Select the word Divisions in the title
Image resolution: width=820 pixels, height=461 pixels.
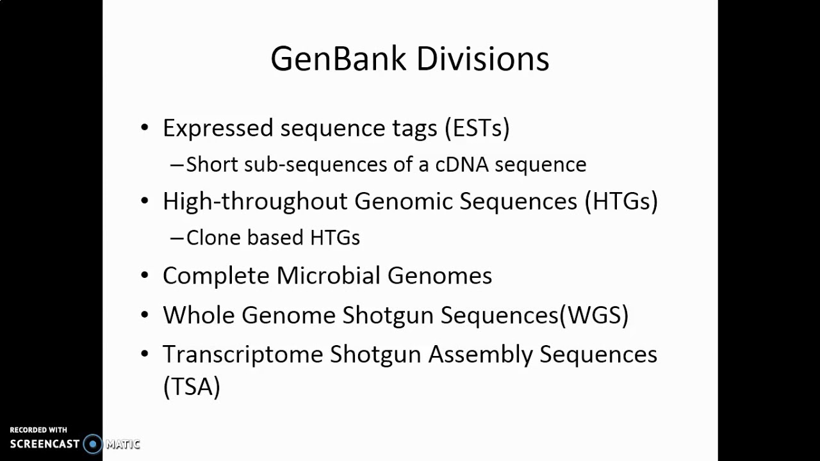click(482, 59)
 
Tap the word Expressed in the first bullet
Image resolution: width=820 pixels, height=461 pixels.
click(218, 128)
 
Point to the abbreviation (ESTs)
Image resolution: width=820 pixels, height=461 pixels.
click(477, 128)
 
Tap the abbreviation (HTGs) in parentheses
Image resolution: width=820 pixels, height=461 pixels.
click(621, 202)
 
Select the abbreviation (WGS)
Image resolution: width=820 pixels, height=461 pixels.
click(594, 315)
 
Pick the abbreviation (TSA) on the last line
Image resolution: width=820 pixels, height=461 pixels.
click(192, 387)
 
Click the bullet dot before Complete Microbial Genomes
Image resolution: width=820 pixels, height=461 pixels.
click(145, 276)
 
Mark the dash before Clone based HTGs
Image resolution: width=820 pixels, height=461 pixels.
click(176, 238)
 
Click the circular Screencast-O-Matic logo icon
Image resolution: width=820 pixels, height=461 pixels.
click(93, 444)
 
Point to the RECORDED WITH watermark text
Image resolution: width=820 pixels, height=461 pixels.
click(38, 430)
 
